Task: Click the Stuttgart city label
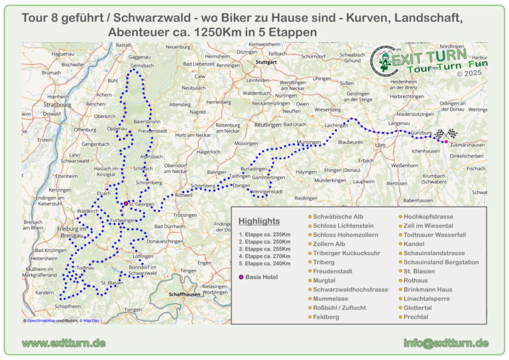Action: [x=266, y=62]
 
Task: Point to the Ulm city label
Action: [x=380, y=145]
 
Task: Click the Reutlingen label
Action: [x=268, y=125]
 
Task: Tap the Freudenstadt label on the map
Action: [x=152, y=131]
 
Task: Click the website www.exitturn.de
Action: [x=64, y=343]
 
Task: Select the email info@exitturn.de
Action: [x=446, y=343]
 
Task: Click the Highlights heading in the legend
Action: [x=259, y=221]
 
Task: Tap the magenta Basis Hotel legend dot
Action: [x=241, y=276]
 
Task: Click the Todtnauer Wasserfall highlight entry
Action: [x=434, y=235]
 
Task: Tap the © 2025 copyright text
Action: [x=469, y=74]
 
